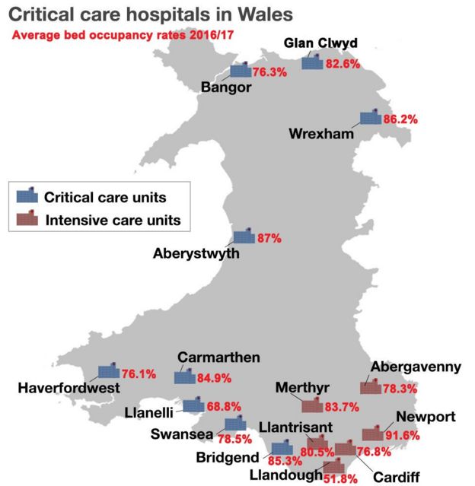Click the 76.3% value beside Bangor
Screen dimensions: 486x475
269,73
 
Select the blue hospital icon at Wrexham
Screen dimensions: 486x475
371,119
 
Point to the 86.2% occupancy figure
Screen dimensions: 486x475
401,119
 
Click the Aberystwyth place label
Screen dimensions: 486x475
196,253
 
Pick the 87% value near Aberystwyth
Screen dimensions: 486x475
269,238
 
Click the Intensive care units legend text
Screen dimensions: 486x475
113,221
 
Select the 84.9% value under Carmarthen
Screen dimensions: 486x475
215,377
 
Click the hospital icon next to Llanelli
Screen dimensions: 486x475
193,406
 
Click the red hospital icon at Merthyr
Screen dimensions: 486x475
312,406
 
